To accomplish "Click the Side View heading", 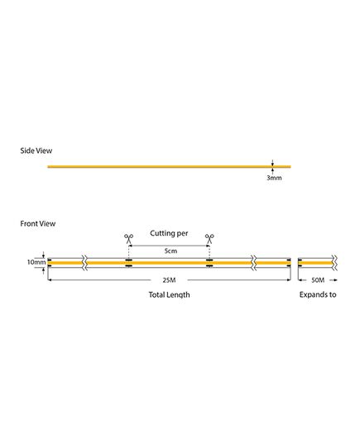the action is [x=36, y=150].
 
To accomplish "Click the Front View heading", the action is [x=38, y=224].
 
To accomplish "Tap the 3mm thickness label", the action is [x=274, y=178].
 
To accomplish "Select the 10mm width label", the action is [x=36, y=262].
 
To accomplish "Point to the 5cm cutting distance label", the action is [x=170, y=251].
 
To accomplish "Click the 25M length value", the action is [x=169, y=280].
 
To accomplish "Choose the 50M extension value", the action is [x=318, y=280].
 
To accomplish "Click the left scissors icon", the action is [x=129, y=239].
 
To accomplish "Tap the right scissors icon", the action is [x=209, y=239].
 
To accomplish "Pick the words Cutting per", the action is [x=169, y=233].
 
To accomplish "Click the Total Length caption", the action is [x=169, y=295].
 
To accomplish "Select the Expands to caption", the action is [x=318, y=295].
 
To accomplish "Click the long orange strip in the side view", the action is [x=169, y=167].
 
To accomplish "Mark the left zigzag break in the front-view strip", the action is [x=84, y=263].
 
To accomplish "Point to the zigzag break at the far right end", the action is [x=335, y=263].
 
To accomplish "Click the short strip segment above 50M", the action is [x=316, y=263].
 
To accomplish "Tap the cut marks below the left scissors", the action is [x=129, y=263].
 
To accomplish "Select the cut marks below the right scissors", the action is [x=209, y=263].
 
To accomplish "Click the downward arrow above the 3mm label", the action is [x=272, y=162].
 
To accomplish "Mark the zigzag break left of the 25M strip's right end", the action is [x=254, y=263].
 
